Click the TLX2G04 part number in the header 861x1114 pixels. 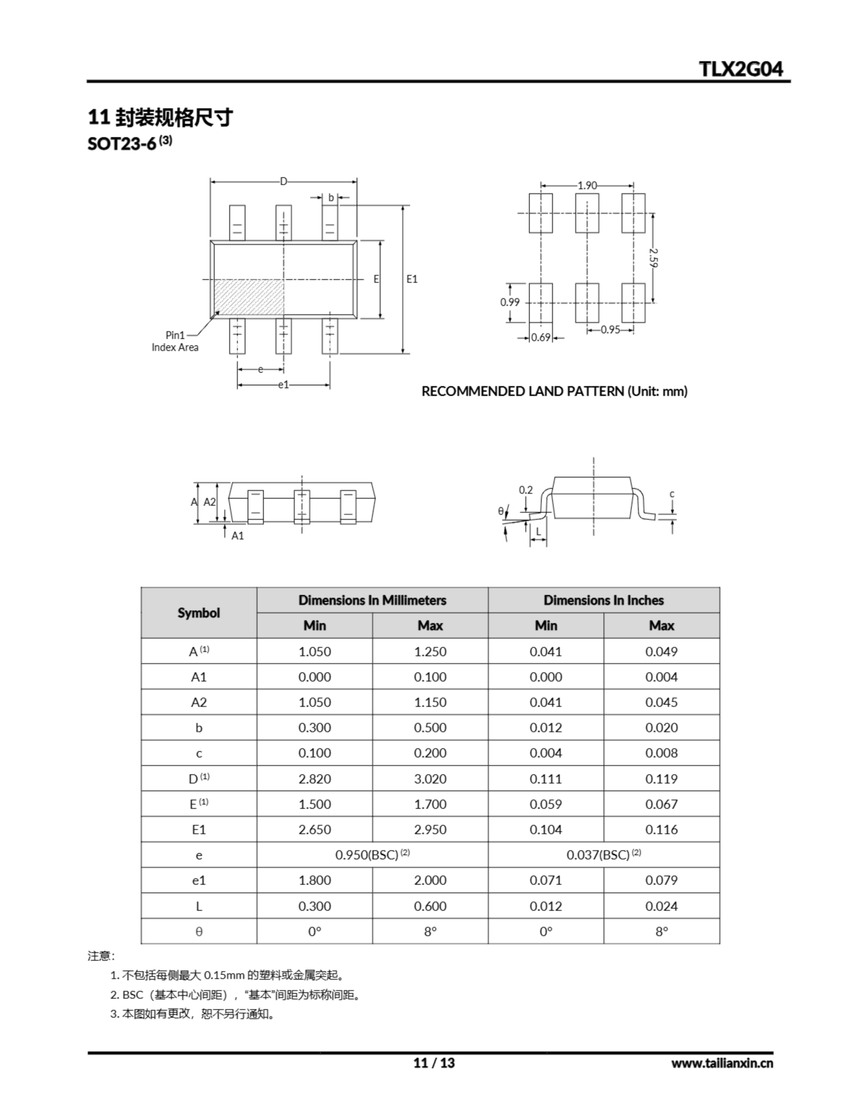[x=740, y=69]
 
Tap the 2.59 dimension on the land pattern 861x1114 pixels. [x=654, y=258]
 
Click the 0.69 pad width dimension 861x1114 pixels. [x=541, y=337]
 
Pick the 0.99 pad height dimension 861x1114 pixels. [x=509, y=302]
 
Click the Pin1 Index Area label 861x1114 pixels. [x=175, y=341]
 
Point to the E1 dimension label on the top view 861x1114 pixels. [x=412, y=279]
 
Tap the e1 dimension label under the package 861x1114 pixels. [x=283, y=385]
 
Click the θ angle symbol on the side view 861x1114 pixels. [x=501, y=510]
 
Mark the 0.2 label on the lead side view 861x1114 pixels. [x=526, y=490]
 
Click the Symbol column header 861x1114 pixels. [x=198, y=613]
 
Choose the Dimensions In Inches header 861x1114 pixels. [x=603, y=600]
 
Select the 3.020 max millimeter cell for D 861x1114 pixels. [x=430, y=779]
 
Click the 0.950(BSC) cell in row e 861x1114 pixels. [x=372, y=855]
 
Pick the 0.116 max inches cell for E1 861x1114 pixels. [x=662, y=829]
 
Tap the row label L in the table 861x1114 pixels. [x=198, y=906]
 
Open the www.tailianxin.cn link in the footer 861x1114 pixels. [x=722, y=1063]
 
